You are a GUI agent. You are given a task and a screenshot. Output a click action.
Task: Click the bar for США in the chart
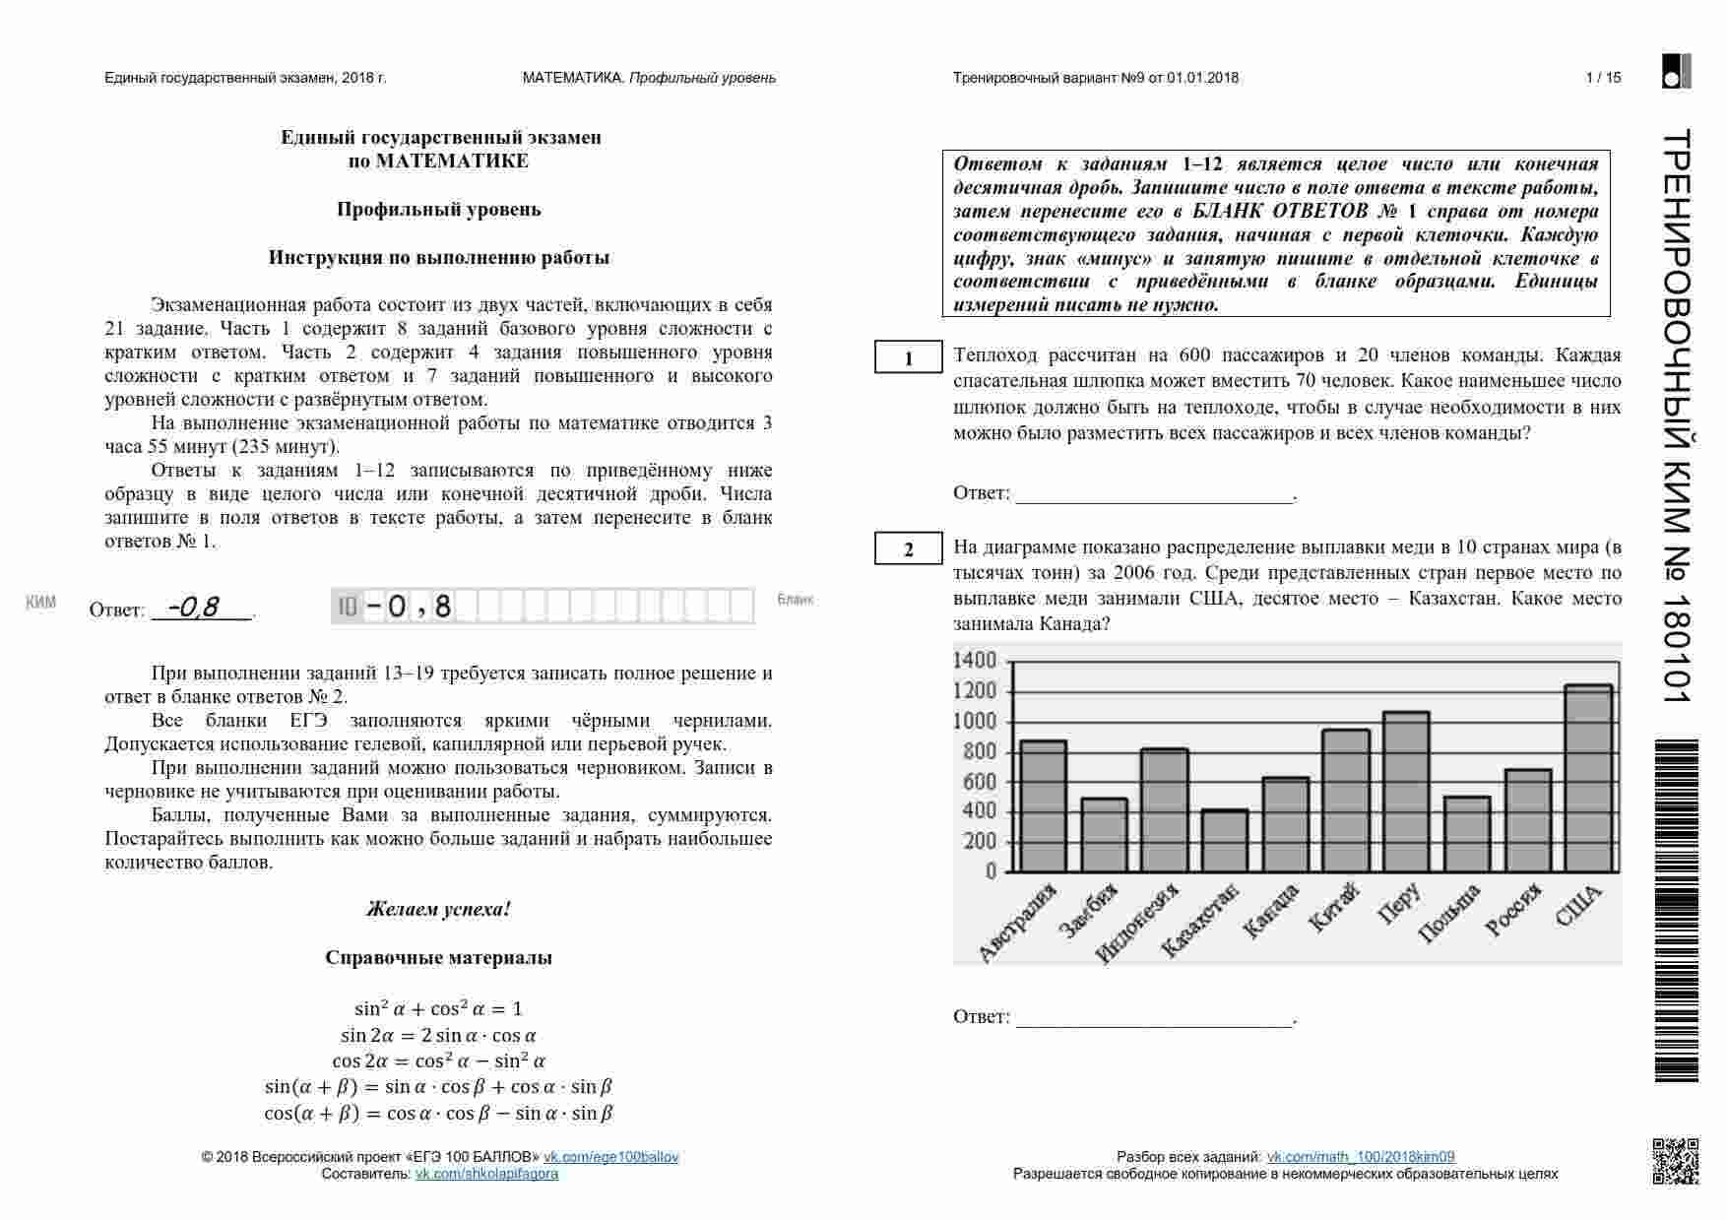(x=1587, y=779)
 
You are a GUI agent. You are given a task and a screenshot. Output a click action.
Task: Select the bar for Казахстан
(x=1224, y=841)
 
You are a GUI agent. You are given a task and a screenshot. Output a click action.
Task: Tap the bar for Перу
(x=1405, y=792)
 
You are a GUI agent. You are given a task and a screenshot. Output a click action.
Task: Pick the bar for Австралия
(x=1043, y=806)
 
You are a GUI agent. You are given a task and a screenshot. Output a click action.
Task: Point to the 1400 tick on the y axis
(x=975, y=661)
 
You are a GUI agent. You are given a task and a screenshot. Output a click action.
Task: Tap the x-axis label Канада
(x=1270, y=911)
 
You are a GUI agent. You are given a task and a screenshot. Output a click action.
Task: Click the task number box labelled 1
(x=908, y=358)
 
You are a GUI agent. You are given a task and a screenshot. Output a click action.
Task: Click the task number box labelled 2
(x=908, y=549)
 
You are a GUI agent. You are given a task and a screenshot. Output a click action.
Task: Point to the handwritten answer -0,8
(x=194, y=608)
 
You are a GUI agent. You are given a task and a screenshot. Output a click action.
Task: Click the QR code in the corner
(x=1675, y=1160)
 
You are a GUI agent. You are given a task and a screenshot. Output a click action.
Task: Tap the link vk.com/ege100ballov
(x=611, y=1157)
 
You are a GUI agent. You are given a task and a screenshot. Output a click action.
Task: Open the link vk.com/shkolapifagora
(x=486, y=1174)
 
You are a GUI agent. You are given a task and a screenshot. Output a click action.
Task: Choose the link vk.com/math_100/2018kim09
(x=1360, y=1157)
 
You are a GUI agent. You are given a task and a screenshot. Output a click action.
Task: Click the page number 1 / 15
(x=1603, y=78)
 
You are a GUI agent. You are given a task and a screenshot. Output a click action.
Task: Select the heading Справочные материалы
(x=438, y=957)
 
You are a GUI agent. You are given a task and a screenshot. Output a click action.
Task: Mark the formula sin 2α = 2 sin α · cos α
(x=438, y=1035)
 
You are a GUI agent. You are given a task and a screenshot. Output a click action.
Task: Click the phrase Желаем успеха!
(x=438, y=909)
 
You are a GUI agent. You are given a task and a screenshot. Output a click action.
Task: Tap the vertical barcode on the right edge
(x=1676, y=911)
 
